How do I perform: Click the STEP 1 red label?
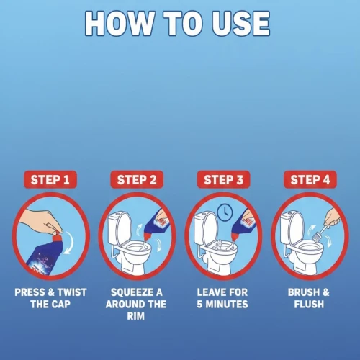pos(50,179)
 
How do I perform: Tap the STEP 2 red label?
pos(137,179)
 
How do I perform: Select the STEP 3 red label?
pos(223,179)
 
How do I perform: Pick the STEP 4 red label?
pos(310,179)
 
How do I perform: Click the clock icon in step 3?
pos(225,212)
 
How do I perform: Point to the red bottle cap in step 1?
pos(58,236)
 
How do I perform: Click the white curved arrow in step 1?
pos(69,242)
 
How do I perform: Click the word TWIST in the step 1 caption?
pos(72,292)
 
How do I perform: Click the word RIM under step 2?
pos(136,316)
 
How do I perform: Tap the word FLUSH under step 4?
pos(309,304)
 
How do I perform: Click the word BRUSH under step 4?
pos(304,292)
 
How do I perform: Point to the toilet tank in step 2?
pos(114,228)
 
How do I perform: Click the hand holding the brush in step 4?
pos(333,218)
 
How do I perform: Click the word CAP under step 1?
pos(60,304)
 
